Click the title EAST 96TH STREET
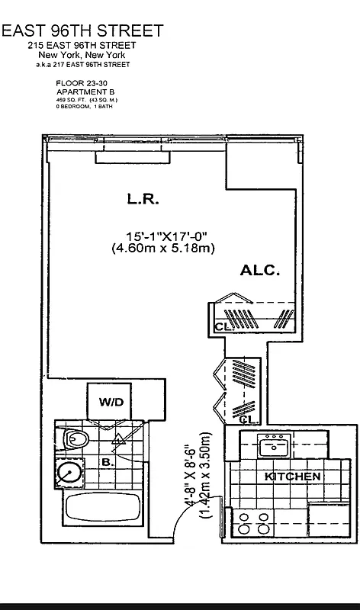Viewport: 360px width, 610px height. (82, 30)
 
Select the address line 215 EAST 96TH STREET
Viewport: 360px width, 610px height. (82, 46)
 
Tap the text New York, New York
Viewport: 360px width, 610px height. (82, 56)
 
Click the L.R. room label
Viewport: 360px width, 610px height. (142, 200)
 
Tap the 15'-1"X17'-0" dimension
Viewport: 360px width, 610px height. (167, 236)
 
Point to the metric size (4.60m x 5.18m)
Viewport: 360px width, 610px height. (162, 249)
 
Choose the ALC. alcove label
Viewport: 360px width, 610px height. (260, 270)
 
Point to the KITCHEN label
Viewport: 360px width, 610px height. (292, 477)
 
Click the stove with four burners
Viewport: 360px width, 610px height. (254, 523)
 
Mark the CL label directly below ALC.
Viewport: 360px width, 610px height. (222, 326)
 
